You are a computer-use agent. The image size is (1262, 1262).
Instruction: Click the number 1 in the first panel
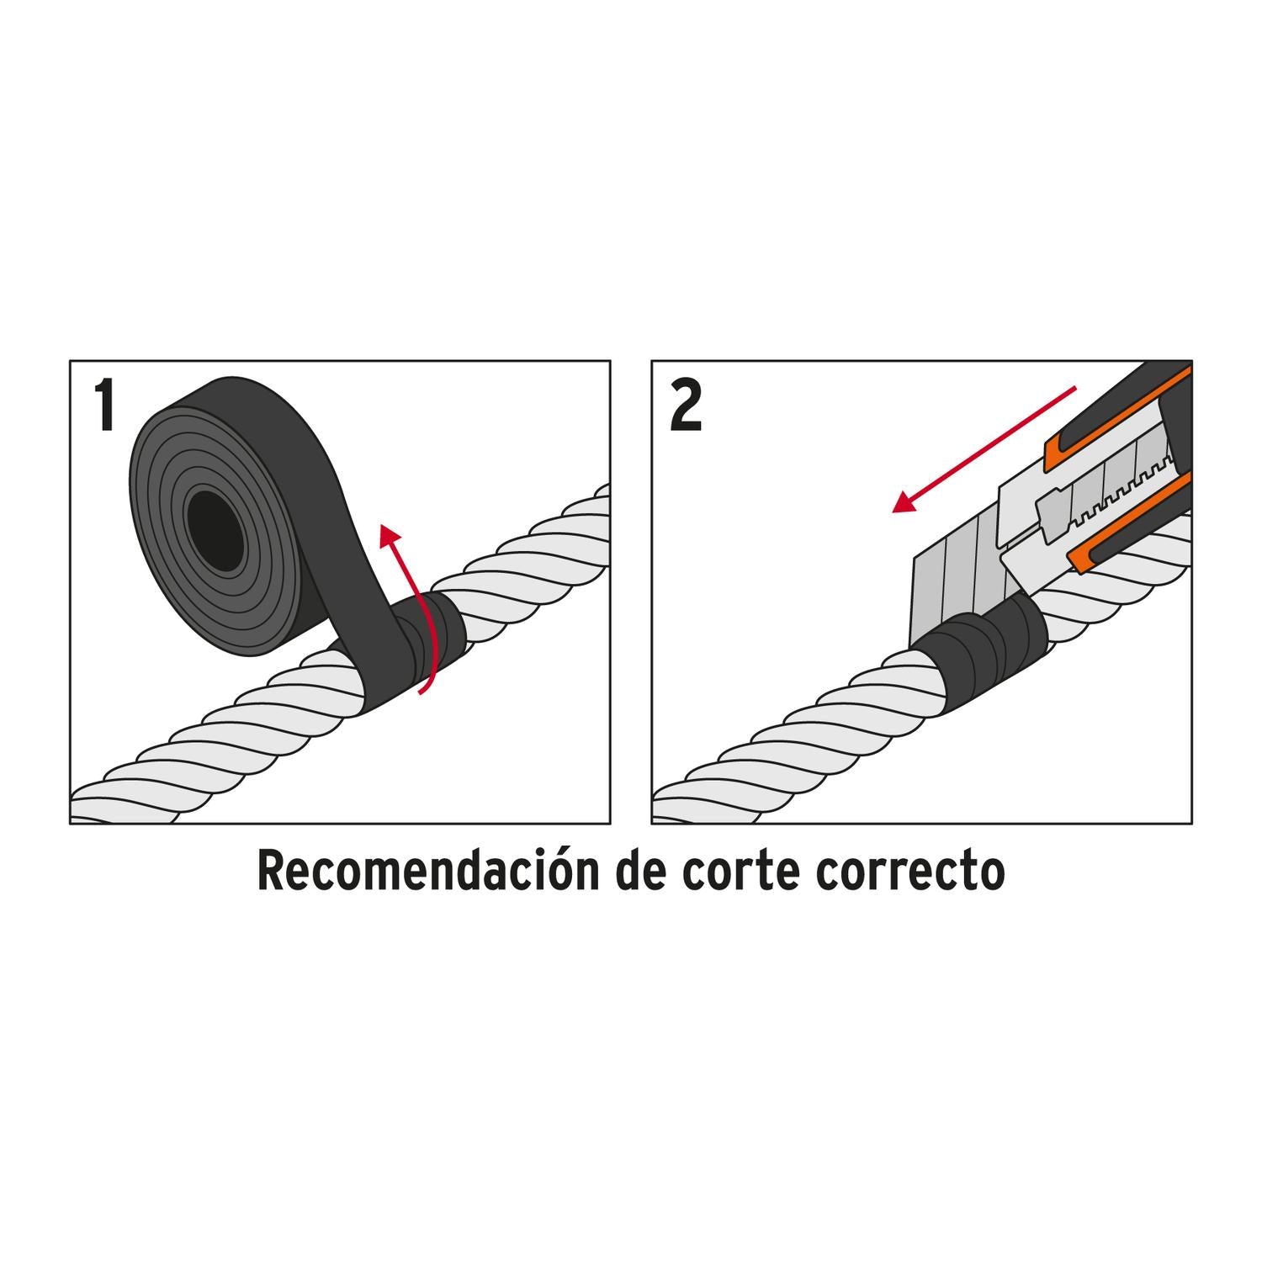tap(105, 406)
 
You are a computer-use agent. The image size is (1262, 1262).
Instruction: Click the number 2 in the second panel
tap(687, 406)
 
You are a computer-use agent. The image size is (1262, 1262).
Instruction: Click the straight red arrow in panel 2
tap(984, 449)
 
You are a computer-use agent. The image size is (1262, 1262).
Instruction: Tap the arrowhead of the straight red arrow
tap(904, 501)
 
